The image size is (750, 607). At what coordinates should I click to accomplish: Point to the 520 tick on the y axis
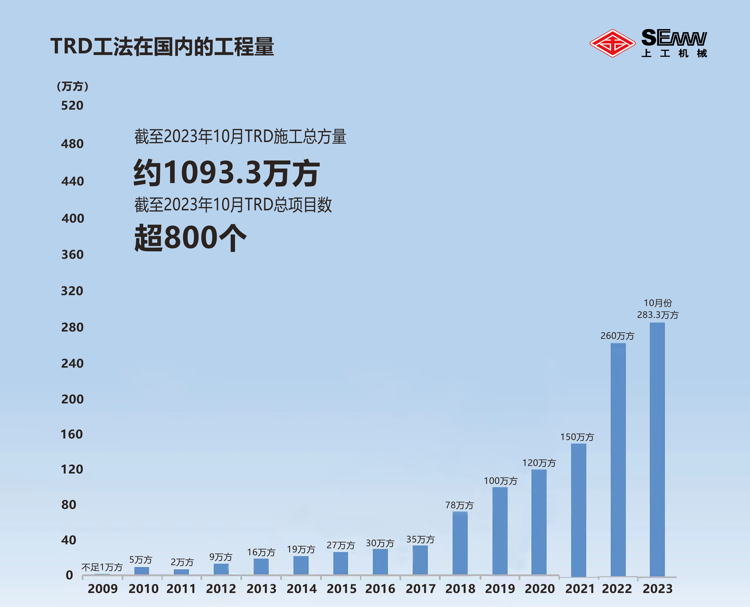tap(72, 106)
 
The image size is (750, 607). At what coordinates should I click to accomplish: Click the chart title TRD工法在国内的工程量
tap(162, 46)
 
